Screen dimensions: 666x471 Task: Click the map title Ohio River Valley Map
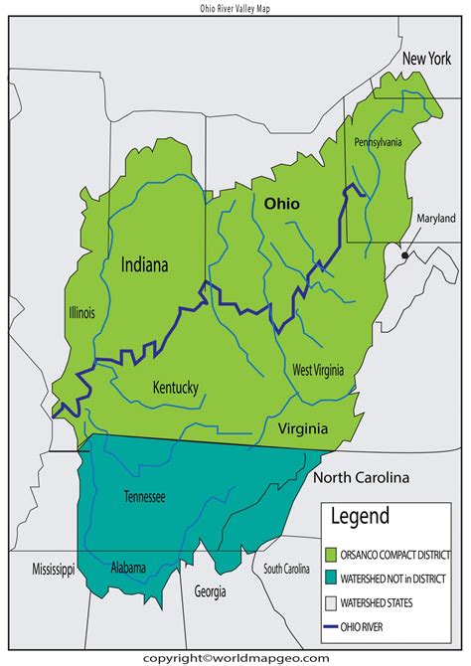235,7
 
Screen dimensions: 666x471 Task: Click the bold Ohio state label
281,202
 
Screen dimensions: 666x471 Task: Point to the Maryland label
435,219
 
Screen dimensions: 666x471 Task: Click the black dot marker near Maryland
403,255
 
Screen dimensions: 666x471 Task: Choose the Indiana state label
145,265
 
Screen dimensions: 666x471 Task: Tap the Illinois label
80,313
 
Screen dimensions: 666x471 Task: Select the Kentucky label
176,387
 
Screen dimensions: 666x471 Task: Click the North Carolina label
362,477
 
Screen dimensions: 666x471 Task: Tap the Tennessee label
146,496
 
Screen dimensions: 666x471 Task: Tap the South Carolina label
286,570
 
